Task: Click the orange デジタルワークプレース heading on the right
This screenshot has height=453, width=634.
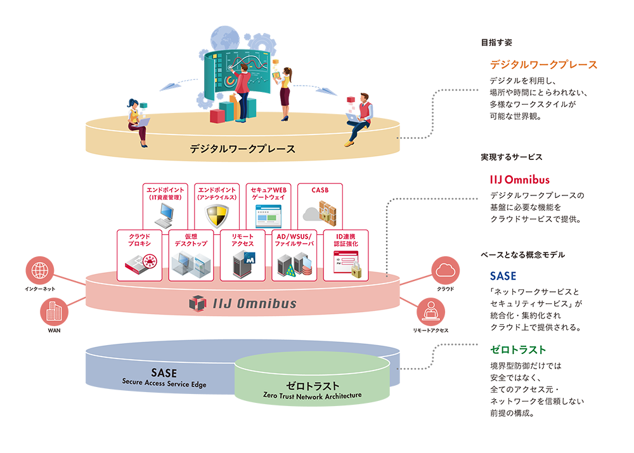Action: tap(543, 65)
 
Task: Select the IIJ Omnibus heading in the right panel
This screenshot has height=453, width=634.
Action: tap(520, 180)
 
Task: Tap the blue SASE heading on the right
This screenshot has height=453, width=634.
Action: tap(503, 276)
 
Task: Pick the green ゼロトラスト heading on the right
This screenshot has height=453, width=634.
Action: tap(518, 350)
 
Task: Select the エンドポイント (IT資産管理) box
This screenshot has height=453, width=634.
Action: tap(165, 206)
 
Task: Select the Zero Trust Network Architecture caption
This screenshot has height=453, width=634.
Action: tap(312, 395)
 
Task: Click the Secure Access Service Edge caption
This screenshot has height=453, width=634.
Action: tap(164, 383)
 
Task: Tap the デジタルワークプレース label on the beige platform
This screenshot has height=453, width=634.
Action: tap(242, 149)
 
